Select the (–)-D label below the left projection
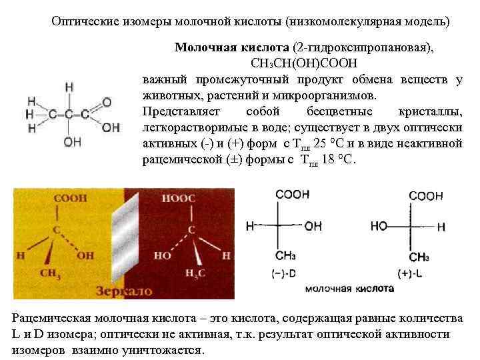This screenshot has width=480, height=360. click(x=285, y=273)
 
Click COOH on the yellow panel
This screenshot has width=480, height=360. click(x=69, y=199)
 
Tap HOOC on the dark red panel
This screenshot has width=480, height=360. click(x=181, y=199)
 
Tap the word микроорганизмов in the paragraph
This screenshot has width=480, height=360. click(x=321, y=96)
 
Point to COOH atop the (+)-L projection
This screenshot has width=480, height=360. click(x=426, y=196)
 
